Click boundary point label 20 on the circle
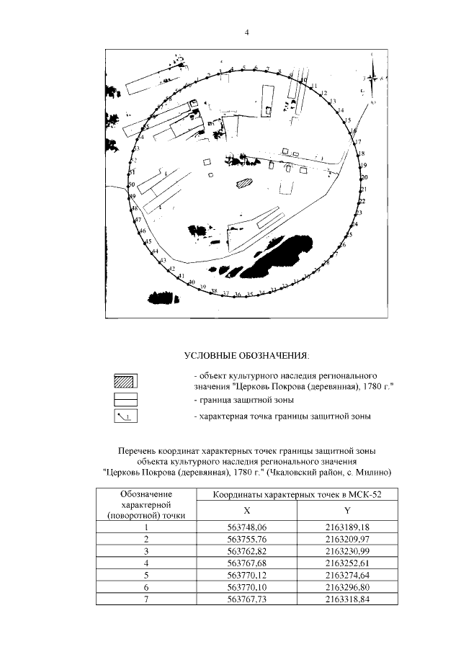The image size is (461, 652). tap(364, 177)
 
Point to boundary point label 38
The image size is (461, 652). tap(214, 291)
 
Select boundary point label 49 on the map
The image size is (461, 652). tap(133, 197)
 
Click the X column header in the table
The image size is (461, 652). tap(246, 510)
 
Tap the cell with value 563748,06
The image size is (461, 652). tap(246, 528)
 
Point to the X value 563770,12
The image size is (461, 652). tap(246, 574)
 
